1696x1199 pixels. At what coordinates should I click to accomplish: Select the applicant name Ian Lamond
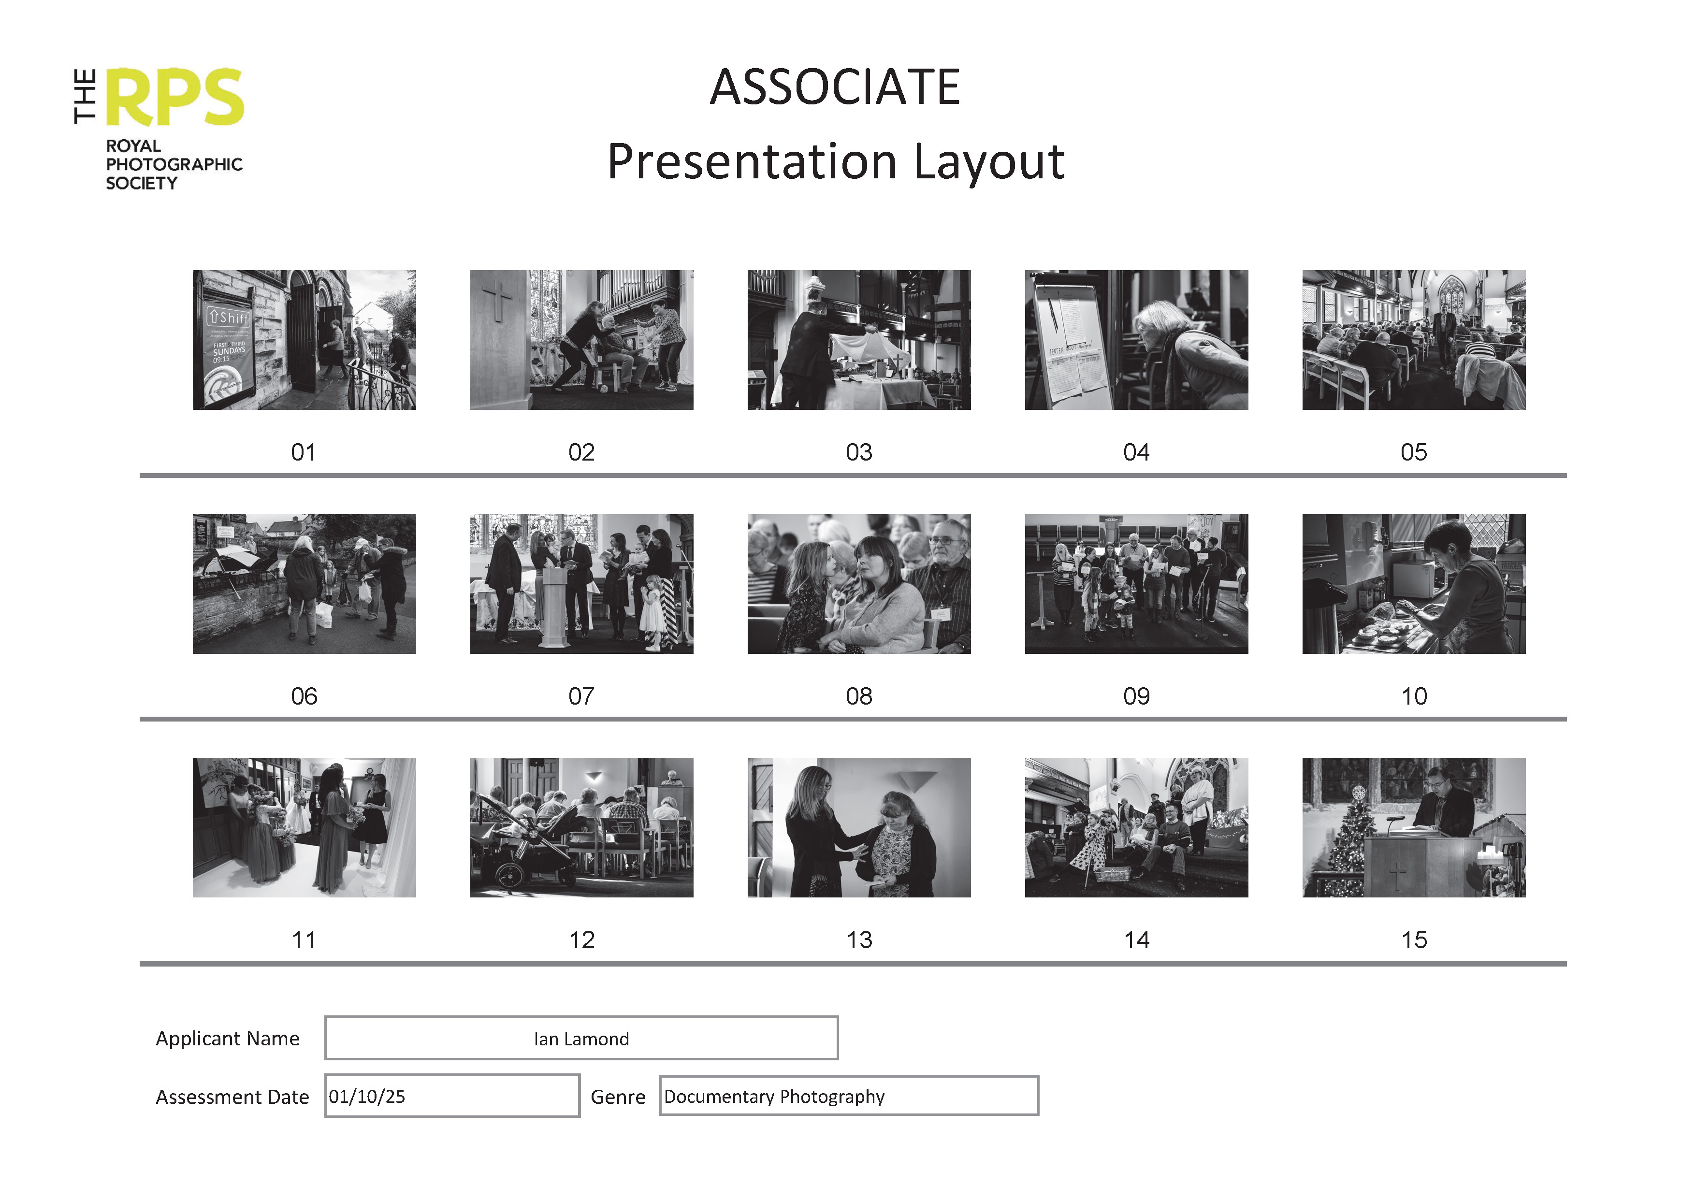(581, 1039)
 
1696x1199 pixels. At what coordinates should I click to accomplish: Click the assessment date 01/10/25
(367, 1097)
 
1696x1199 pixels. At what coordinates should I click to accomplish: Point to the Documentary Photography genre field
(774, 1097)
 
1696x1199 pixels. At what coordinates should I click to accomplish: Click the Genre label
(618, 1097)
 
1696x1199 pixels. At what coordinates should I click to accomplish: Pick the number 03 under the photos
(858, 452)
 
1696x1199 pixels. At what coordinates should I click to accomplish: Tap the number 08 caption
(858, 696)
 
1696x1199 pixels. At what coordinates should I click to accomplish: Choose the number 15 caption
(1414, 939)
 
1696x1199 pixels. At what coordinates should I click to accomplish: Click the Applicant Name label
(228, 1039)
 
